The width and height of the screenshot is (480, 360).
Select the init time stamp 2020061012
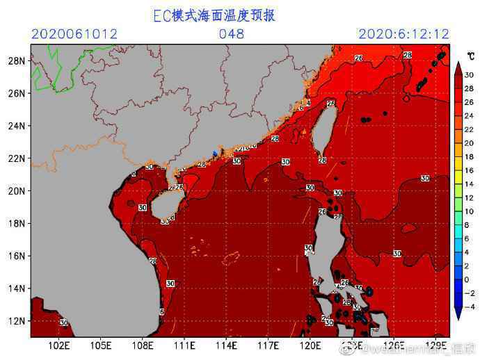click(x=74, y=33)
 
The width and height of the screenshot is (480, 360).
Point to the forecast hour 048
click(x=232, y=33)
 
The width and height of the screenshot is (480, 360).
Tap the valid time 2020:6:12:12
click(x=403, y=33)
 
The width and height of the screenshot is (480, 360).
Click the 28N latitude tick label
click(x=16, y=61)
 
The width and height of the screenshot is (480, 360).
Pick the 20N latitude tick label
click(x=16, y=191)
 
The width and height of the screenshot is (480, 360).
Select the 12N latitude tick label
click(x=16, y=321)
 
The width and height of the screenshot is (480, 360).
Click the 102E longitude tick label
click(x=59, y=345)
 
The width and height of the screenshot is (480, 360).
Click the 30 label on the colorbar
click(x=469, y=74)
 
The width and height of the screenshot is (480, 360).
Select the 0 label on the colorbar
click(x=467, y=279)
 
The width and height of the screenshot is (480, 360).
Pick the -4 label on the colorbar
click(x=469, y=306)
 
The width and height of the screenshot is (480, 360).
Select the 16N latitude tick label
click(x=16, y=256)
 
